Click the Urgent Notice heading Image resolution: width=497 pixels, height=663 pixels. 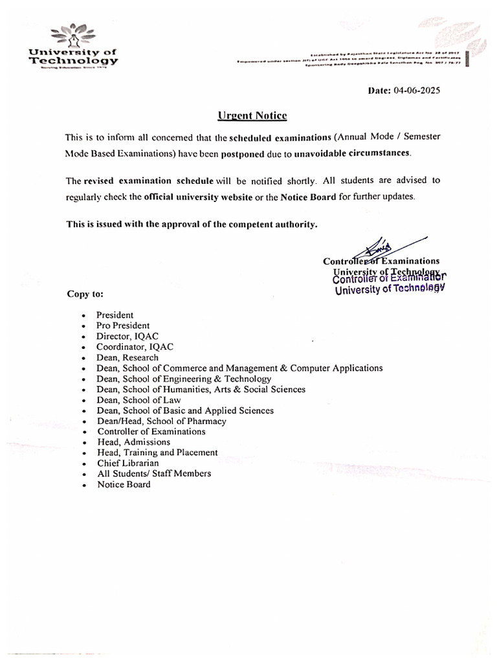pos(252,116)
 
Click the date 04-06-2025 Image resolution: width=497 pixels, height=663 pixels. pos(416,91)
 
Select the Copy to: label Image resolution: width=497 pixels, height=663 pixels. pos(85,293)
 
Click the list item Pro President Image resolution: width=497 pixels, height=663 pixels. pos(123,326)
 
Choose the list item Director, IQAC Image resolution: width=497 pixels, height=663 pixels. pos(127,336)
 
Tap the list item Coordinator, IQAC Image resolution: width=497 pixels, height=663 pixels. pos(135,347)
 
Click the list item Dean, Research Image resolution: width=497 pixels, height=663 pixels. pos(127,357)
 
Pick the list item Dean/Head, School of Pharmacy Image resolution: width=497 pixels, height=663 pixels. pos(162,421)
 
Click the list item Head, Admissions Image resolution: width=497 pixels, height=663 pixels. pos(134,442)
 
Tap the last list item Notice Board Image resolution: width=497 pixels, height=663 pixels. pos(124,484)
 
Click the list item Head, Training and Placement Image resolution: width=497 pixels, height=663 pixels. pos(157,453)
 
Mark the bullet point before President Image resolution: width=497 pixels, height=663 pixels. pos(83,315)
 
